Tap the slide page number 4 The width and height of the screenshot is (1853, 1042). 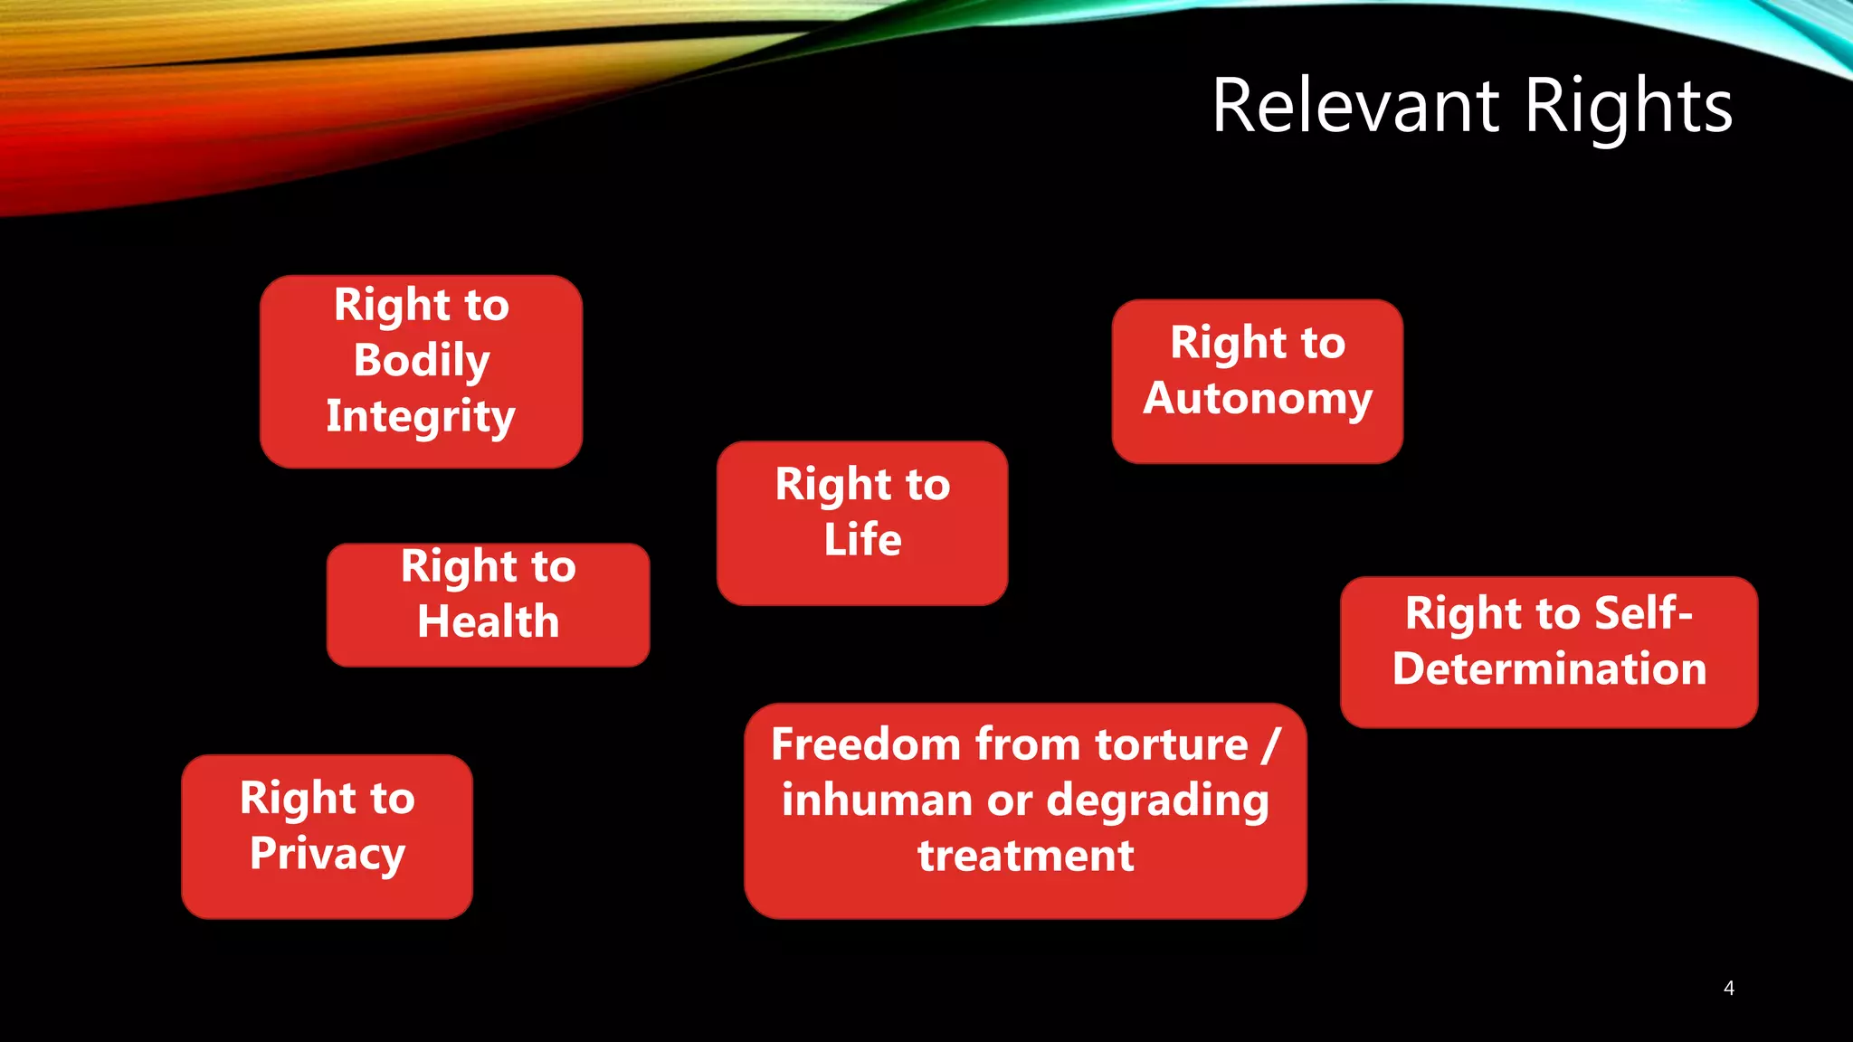pos(1728,988)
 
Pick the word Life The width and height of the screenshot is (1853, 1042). pos(862,540)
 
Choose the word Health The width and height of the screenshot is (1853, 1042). pos(489,622)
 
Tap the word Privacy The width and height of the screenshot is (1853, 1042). pos(328,854)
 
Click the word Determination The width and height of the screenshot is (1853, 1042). pos(1549,669)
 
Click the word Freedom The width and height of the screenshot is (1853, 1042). pos(866,745)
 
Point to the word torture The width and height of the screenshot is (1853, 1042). pos(1172,745)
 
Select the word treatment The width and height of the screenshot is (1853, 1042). pos(1025,856)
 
